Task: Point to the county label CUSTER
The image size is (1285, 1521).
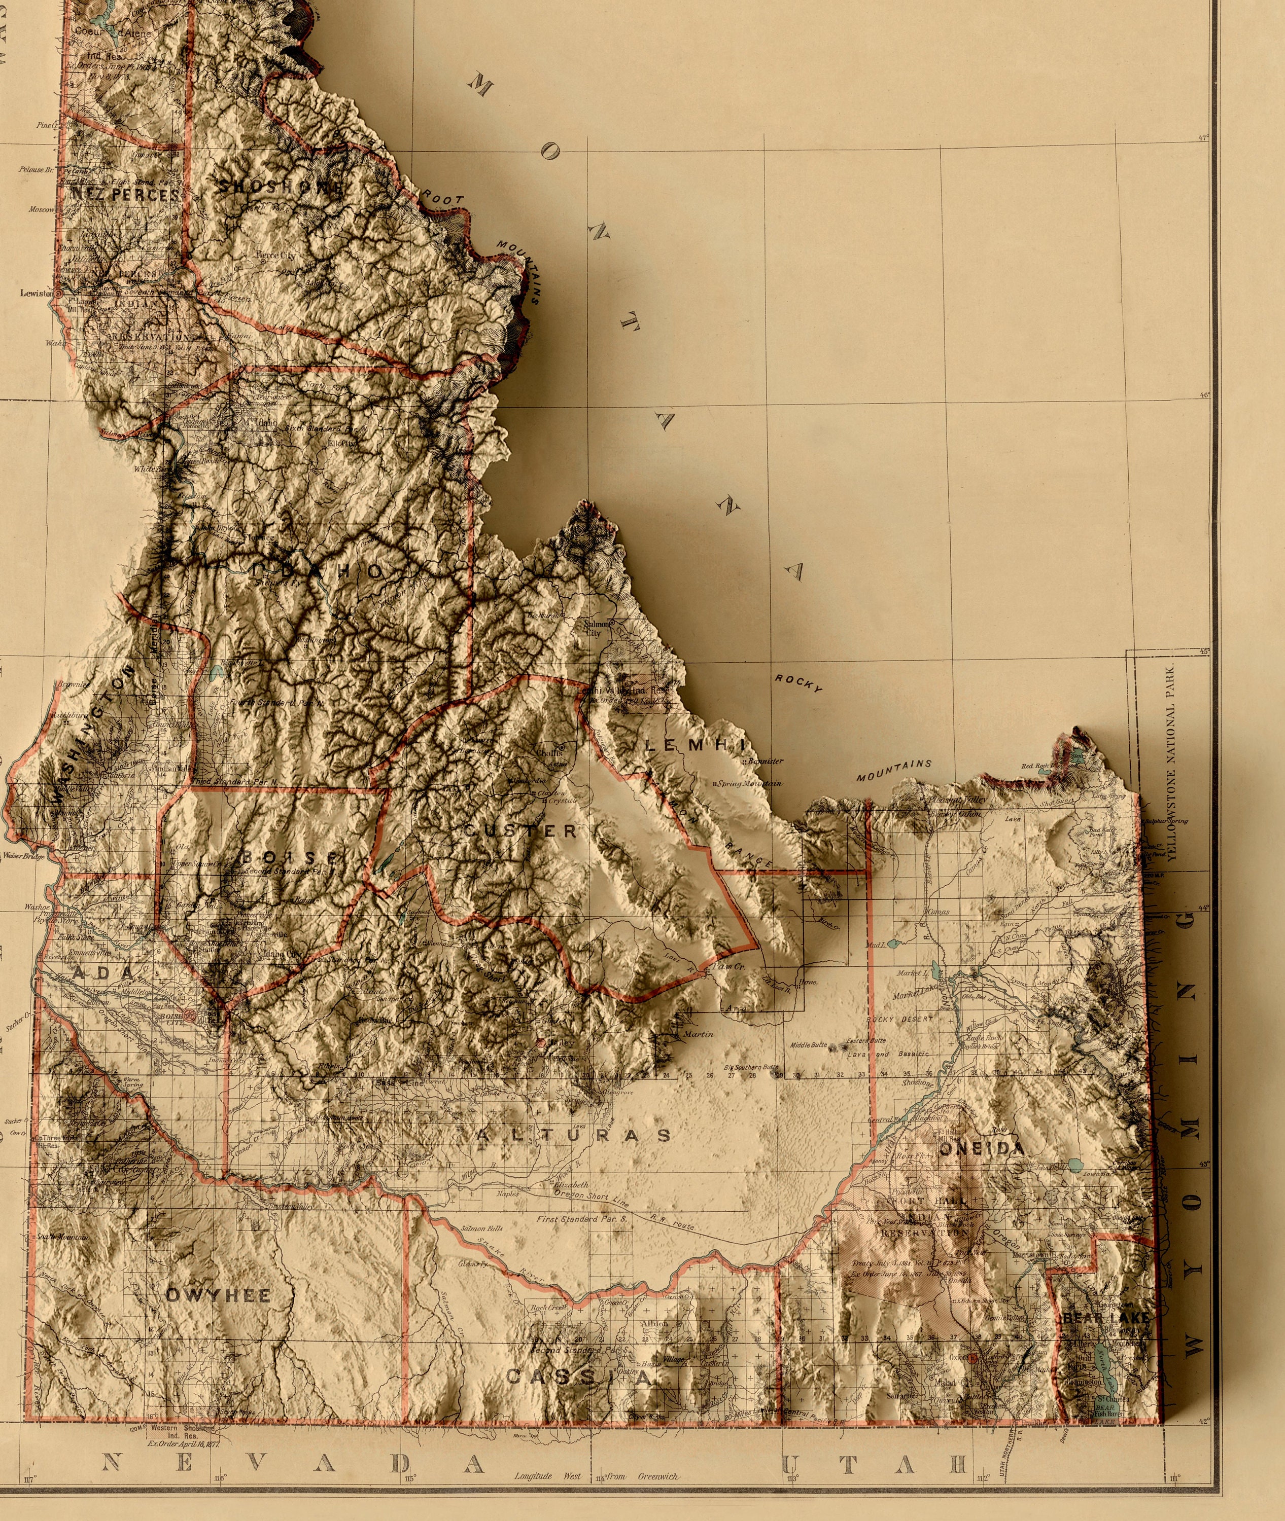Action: click(520, 831)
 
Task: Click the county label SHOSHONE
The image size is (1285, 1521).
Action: click(281, 187)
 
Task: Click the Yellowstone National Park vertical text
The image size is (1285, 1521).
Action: click(1171, 763)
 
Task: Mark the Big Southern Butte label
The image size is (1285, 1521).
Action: click(750, 1067)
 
